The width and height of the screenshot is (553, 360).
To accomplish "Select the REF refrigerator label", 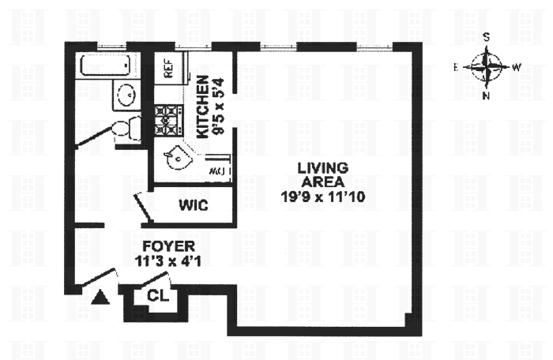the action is tap(167, 69).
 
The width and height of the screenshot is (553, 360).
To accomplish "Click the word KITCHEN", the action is tap(203, 107).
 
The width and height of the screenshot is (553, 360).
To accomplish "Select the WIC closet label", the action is tap(193, 206).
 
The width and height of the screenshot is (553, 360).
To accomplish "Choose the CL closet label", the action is tap(156, 296).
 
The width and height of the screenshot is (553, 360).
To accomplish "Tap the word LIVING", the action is tap(323, 167).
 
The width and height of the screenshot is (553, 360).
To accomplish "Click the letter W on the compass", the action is tap(516, 68).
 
